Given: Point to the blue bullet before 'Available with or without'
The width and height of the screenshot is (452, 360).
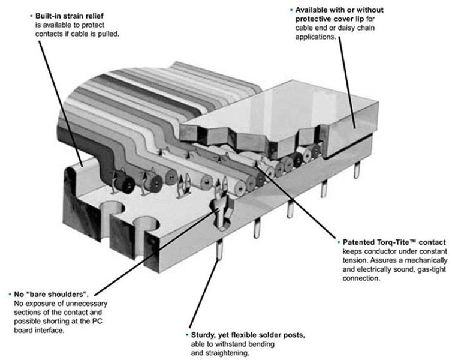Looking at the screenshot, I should click(x=291, y=10).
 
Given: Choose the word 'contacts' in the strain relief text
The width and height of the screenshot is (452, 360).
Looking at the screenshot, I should click(x=51, y=34).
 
